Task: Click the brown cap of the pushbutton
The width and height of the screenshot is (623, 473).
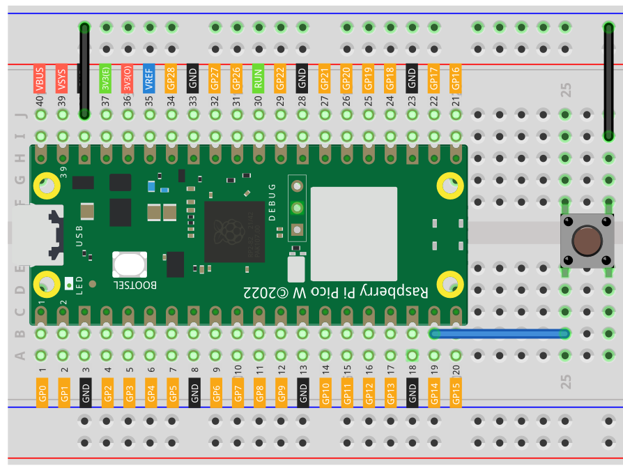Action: tap(587, 241)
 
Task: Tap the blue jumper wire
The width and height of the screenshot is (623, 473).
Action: tap(500, 334)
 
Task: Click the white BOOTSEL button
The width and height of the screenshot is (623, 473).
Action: tap(130, 265)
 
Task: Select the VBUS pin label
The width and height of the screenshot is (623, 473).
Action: tap(40, 79)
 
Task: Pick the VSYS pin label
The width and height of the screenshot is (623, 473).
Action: tap(62, 79)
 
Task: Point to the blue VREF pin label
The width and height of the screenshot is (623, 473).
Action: tap(149, 78)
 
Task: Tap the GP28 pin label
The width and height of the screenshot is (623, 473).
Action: tap(171, 78)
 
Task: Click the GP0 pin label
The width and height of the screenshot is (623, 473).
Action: tap(42, 393)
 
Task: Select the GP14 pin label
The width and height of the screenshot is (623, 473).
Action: tap(434, 393)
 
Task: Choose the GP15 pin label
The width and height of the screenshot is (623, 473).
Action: tap(456, 393)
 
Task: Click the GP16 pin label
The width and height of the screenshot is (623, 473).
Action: tap(456, 78)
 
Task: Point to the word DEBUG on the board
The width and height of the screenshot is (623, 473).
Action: tap(272, 202)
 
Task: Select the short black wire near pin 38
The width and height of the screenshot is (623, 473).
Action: tap(84, 70)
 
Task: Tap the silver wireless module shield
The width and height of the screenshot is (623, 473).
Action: tap(353, 232)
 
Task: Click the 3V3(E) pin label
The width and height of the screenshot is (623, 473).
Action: tap(106, 78)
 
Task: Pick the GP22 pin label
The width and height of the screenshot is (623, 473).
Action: tap(280, 78)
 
